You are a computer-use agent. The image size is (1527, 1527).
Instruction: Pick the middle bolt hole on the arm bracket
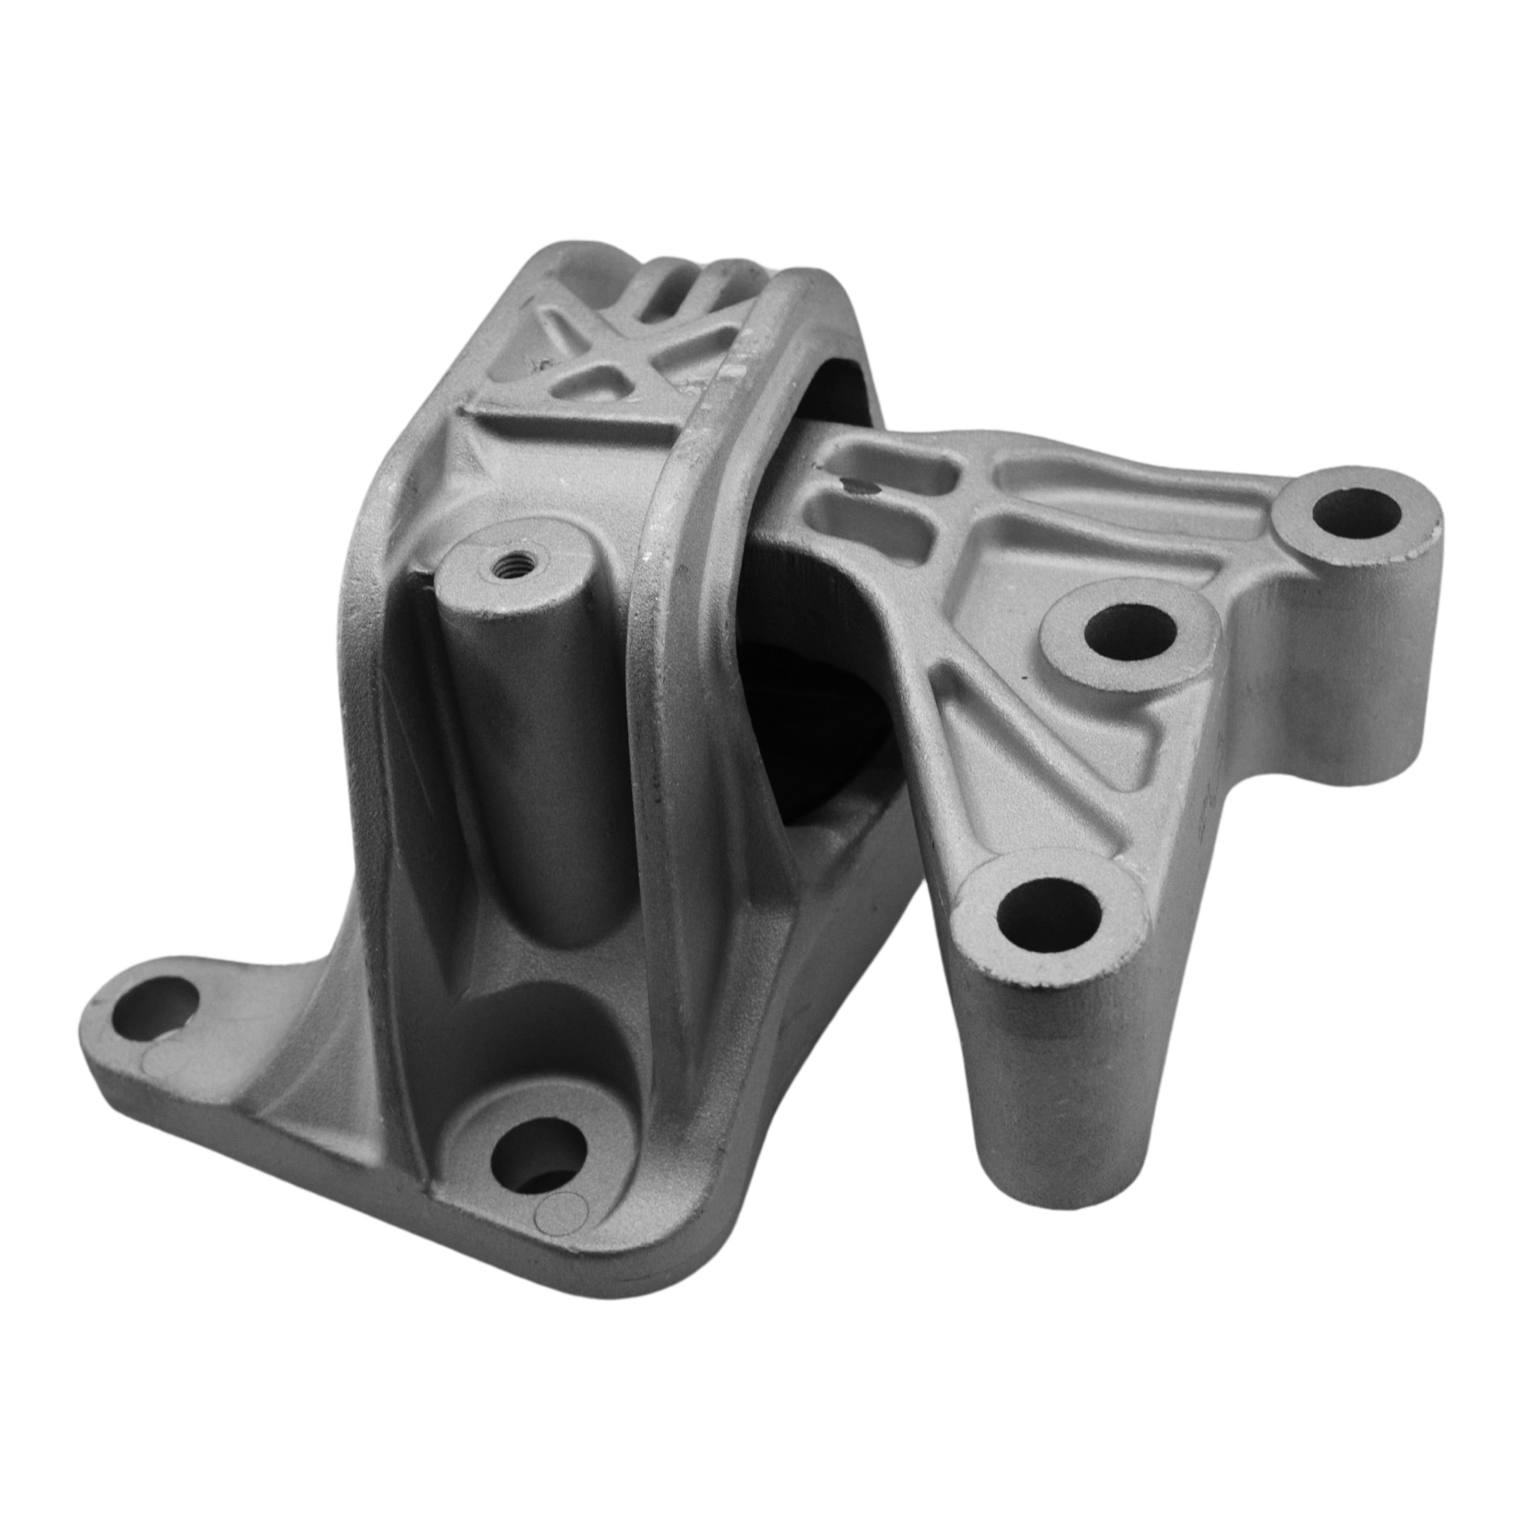1130,632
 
